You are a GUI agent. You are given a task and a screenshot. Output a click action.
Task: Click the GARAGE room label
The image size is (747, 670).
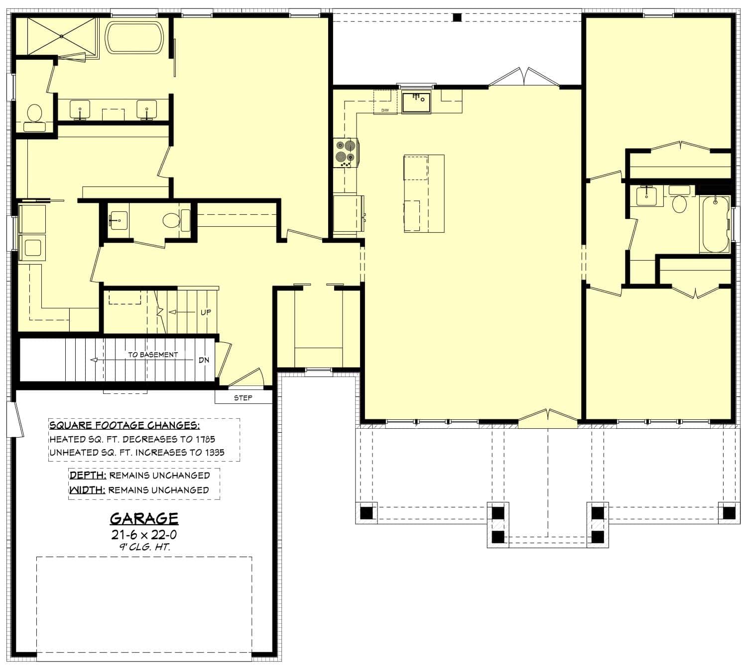(x=144, y=519)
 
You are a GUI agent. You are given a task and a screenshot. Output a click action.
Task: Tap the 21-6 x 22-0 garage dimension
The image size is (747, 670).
(x=144, y=535)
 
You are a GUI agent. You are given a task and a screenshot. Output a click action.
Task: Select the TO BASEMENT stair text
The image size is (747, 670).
(x=152, y=355)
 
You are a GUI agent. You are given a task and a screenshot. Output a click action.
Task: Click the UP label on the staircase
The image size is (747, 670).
(x=206, y=312)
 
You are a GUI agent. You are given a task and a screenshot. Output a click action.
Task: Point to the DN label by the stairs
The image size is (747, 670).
(x=204, y=360)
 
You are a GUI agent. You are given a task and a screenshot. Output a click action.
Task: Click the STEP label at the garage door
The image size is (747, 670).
(x=243, y=398)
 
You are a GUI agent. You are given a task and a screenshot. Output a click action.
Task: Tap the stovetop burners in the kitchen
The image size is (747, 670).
(x=345, y=152)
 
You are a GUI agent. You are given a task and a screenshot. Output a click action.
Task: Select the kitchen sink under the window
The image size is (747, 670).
(x=416, y=101)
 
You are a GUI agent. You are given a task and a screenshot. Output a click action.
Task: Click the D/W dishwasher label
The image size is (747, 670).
(x=385, y=110)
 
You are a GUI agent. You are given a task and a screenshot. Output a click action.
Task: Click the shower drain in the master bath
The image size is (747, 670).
(x=61, y=36)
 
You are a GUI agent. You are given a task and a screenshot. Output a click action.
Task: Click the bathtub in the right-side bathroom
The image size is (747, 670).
(x=715, y=224)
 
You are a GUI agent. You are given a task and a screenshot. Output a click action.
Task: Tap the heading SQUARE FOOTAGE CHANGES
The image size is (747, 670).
(x=124, y=425)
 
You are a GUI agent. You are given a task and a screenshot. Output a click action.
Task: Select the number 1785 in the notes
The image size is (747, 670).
(x=205, y=439)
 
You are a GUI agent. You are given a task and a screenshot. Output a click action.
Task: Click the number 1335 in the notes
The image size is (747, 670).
(x=214, y=452)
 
